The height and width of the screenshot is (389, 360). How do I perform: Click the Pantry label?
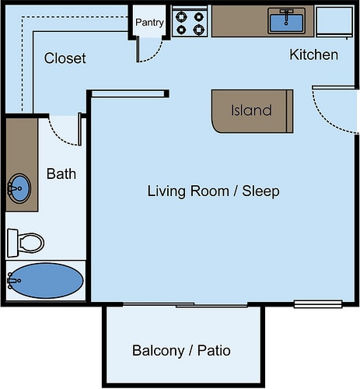point(149,23)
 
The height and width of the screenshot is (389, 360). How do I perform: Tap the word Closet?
point(65,58)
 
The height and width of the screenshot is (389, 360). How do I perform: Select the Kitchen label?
point(313,54)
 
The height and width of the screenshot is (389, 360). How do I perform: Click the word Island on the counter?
point(251,110)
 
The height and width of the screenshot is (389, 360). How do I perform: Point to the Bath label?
point(61,173)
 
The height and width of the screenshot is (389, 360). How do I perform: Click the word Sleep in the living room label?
point(260,191)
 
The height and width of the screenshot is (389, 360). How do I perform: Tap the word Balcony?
point(159,351)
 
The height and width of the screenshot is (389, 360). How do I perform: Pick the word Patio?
point(214,350)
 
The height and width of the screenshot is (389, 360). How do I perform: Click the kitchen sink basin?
point(286,23)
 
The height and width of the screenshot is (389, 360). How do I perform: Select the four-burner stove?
point(190,23)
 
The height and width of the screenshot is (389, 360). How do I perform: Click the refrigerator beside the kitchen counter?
point(334,23)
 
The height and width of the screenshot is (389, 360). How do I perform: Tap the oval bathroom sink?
point(19,188)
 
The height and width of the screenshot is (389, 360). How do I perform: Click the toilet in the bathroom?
point(26,243)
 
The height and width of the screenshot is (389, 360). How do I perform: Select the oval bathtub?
point(46,281)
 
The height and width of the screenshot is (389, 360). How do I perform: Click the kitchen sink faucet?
point(286,16)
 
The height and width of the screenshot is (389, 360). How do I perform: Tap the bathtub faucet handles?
point(12,281)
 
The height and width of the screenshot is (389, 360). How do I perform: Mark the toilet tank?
point(12,243)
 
